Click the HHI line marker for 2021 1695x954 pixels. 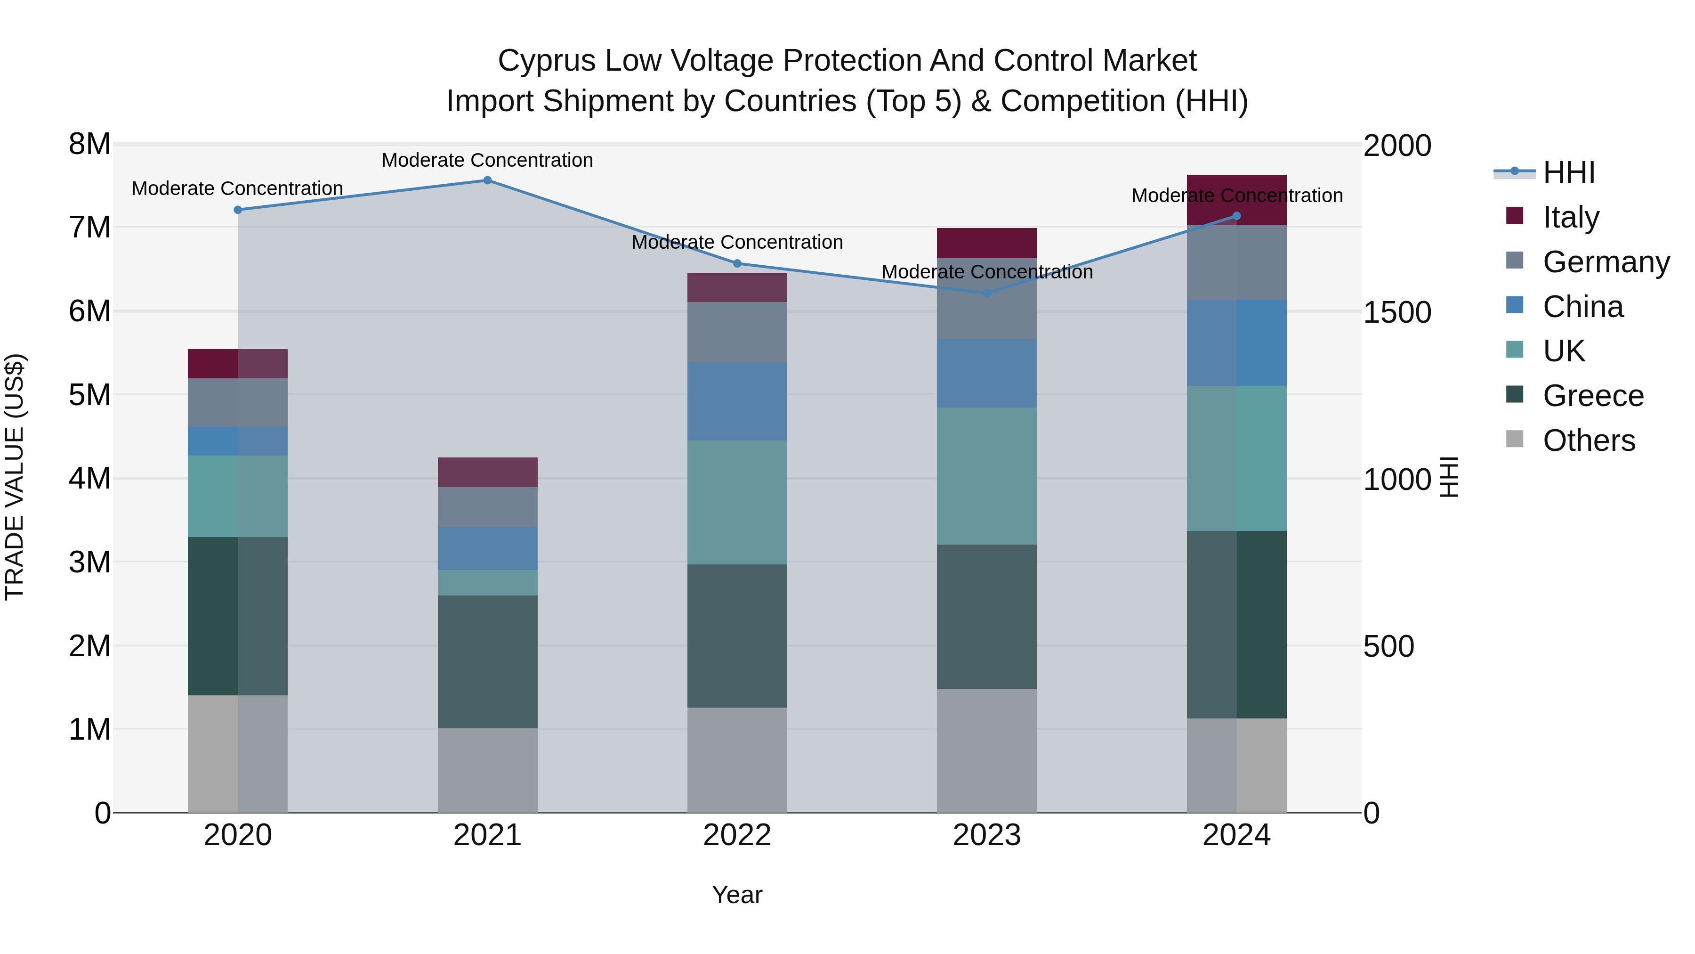488,180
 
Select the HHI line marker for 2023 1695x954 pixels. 986,293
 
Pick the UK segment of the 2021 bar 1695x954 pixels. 488,583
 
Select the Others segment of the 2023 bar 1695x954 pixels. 986,750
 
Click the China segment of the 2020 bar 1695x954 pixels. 238,441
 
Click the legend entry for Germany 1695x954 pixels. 1606,261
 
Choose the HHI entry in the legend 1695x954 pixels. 1569,172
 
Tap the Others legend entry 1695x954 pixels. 1589,440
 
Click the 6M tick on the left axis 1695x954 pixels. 90,311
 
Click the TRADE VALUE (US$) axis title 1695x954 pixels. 15,477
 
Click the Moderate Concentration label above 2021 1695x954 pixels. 488,160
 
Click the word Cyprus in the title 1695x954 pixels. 546,61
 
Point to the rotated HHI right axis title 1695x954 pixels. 1450,477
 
